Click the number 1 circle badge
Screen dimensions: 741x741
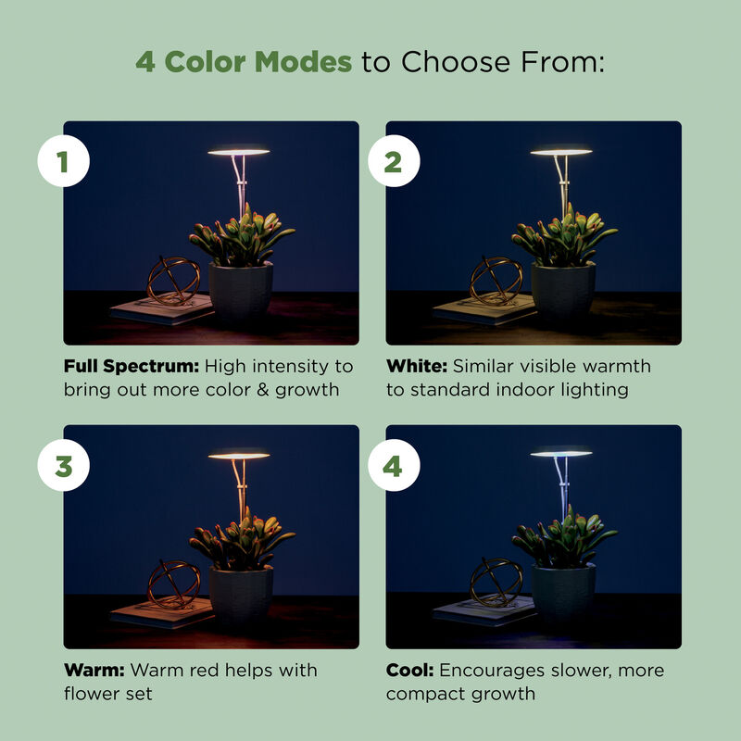(x=63, y=162)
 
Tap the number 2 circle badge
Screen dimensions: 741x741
(x=393, y=162)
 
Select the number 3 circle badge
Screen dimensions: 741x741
(x=63, y=466)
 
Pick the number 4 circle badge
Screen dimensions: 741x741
(x=393, y=466)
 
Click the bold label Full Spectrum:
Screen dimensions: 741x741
(x=132, y=366)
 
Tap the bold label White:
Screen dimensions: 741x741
(x=417, y=366)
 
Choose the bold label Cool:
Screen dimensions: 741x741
(x=410, y=670)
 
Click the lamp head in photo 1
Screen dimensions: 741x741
(x=238, y=151)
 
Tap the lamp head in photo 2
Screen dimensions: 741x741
(x=560, y=151)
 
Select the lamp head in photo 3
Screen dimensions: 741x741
(x=238, y=455)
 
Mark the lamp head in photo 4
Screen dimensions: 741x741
(x=560, y=453)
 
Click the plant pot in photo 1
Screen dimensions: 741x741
(x=240, y=291)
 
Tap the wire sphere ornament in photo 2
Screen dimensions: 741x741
(x=496, y=281)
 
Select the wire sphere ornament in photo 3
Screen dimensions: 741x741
(x=174, y=584)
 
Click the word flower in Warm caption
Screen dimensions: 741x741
(x=90, y=694)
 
